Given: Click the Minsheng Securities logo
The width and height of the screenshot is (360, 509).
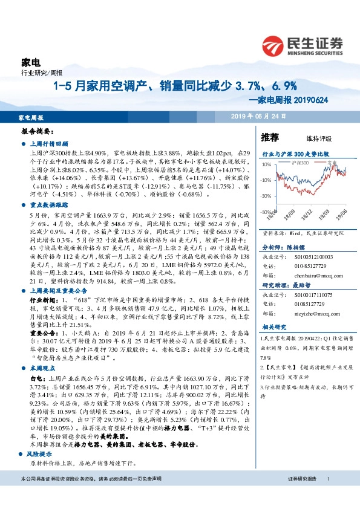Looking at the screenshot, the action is coord(303,44).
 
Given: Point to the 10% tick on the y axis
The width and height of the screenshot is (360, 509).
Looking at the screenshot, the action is coord(266,164).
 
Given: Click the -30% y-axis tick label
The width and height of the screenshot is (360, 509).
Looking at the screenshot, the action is coord(266,196).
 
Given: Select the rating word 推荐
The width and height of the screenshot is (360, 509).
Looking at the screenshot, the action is coord(270,137).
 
